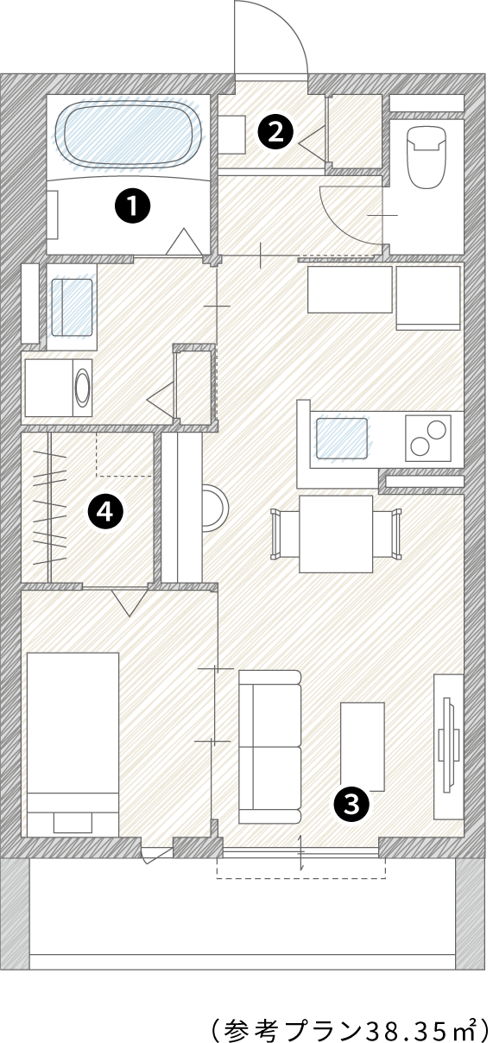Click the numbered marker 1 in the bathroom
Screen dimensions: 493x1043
(133, 205)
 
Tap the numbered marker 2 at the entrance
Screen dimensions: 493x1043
(275, 133)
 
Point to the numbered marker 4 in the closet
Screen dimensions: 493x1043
(105, 512)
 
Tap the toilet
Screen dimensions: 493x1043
(427, 157)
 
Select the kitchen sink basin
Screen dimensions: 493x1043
(341, 438)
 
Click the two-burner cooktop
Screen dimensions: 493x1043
(428, 438)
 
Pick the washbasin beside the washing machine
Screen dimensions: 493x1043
(72, 307)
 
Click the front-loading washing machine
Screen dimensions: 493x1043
(59, 388)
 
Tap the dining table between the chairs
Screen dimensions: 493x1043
(336, 534)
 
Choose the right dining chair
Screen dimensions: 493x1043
(387, 534)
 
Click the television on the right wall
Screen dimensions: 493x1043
(449, 744)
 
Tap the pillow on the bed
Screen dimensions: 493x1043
(73, 823)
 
